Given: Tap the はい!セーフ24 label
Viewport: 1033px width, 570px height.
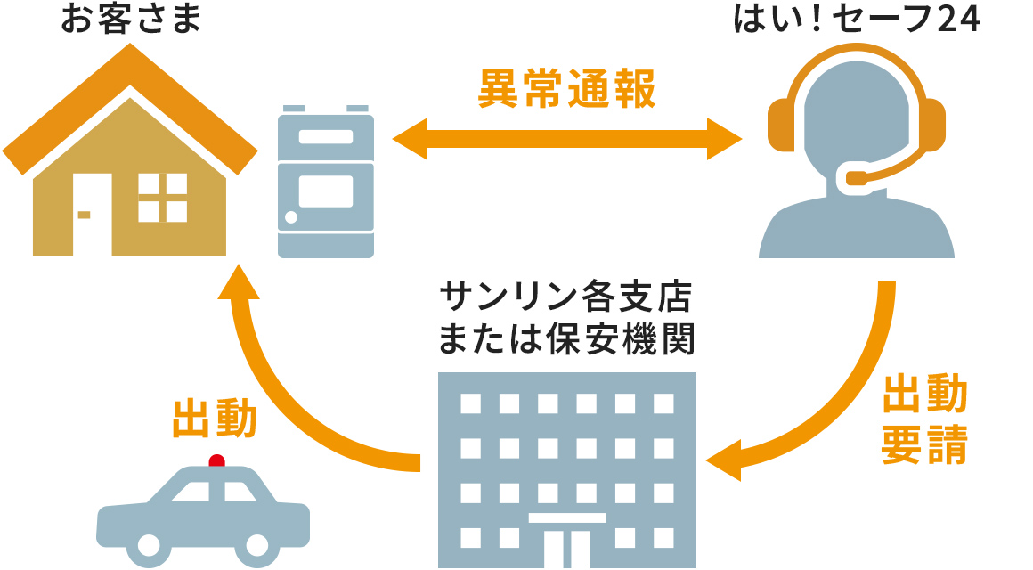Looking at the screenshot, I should pos(856,20).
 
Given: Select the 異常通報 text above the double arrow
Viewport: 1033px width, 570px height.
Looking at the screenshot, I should pos(567,89).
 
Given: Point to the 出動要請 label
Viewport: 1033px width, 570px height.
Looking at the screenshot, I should pos(923,420).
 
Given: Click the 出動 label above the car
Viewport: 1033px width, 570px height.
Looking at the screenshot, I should pos(215,419).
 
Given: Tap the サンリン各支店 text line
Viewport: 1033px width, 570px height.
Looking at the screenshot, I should pos(568,296).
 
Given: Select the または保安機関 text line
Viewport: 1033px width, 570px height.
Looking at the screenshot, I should pos(568,338).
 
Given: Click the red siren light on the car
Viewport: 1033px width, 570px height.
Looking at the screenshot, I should pos(216,460).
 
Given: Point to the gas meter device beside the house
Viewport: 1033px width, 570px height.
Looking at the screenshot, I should pos(326,183).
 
